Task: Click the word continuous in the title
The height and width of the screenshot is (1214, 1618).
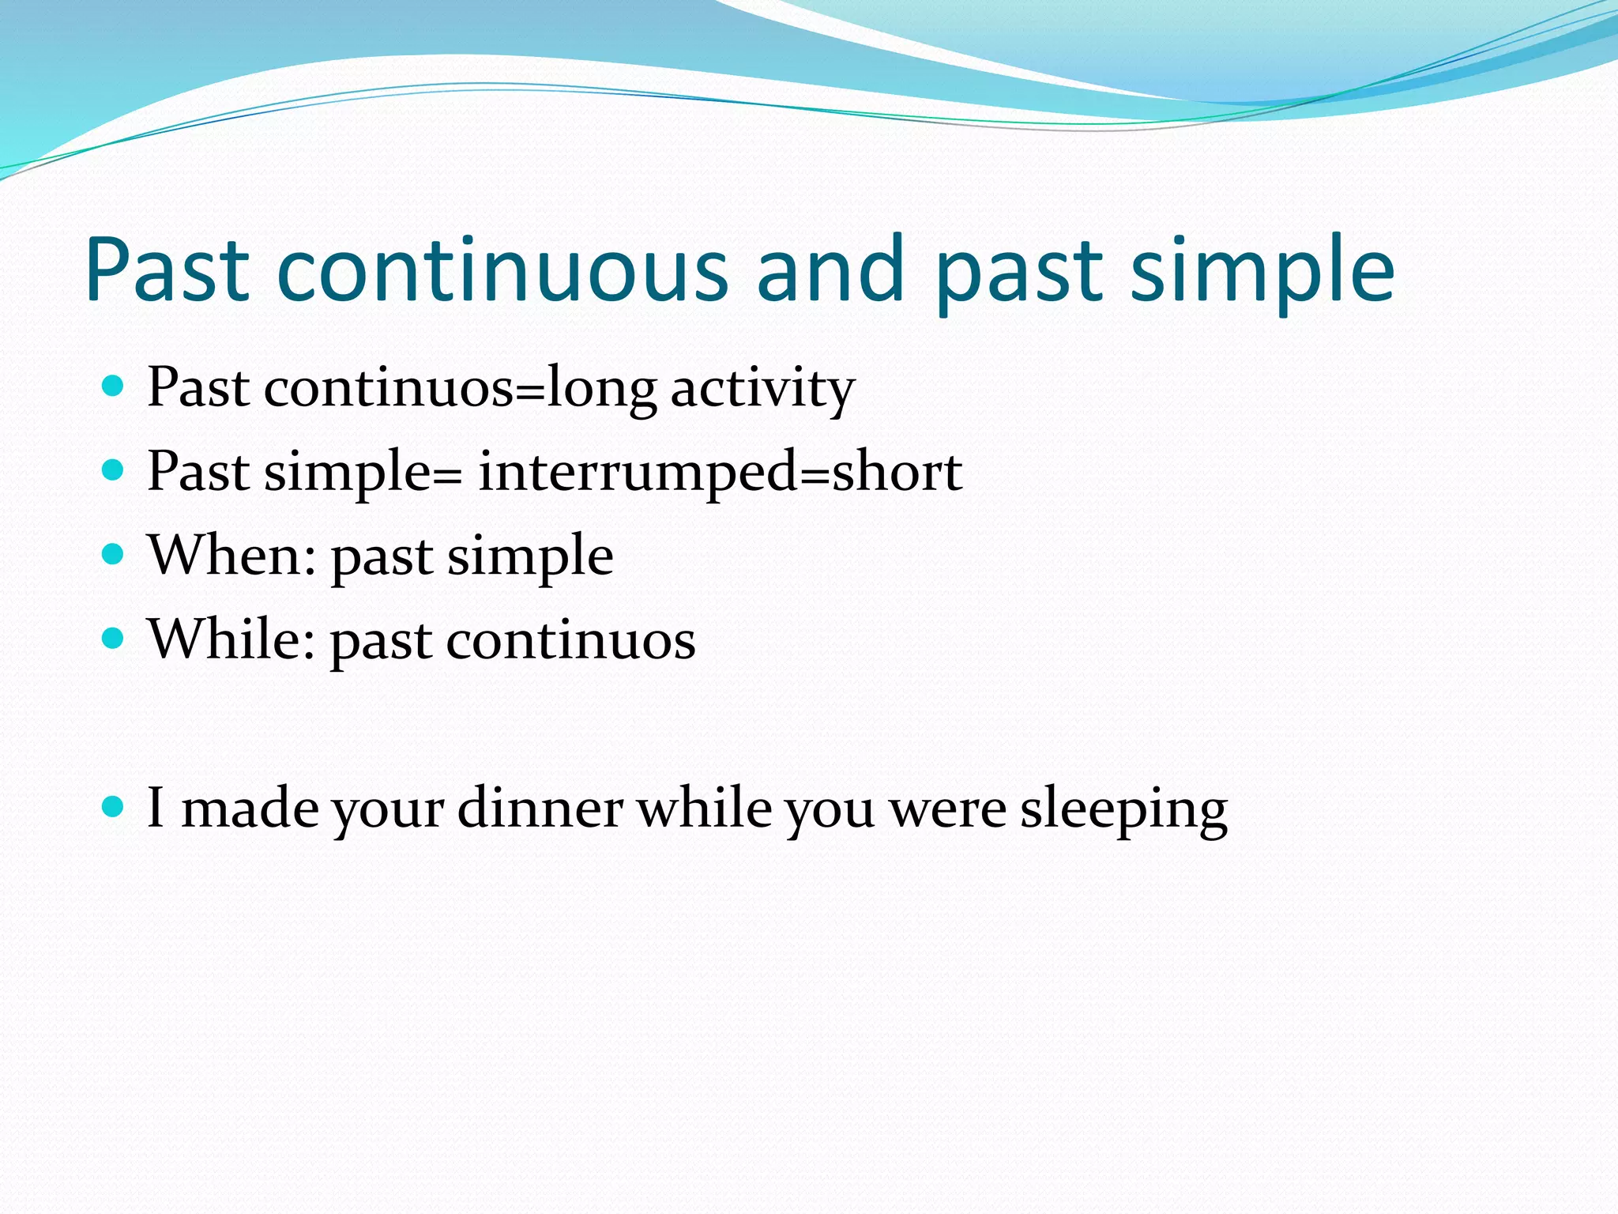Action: [502, 270]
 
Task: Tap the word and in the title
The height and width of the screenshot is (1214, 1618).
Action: [830, 270]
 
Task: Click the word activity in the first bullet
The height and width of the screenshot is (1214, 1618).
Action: [762, 390]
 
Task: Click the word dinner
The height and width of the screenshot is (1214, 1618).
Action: [540, 809]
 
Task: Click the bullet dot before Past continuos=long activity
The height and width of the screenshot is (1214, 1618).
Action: [114, 386]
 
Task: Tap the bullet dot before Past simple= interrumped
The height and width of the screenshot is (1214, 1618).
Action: [114, 470]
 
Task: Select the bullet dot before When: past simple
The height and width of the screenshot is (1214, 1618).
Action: [114, 554]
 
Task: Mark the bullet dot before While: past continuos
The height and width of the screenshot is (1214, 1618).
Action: [114, 638]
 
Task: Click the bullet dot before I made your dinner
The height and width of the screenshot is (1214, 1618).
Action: [114, 806]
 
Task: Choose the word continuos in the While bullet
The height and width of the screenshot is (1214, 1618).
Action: [570, 640]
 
